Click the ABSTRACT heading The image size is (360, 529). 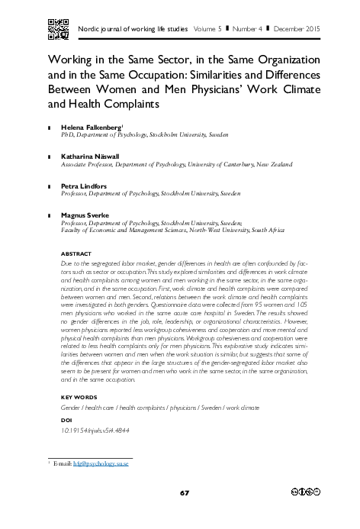[x=76, y=253]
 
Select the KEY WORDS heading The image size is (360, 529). [x=79, y=398]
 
